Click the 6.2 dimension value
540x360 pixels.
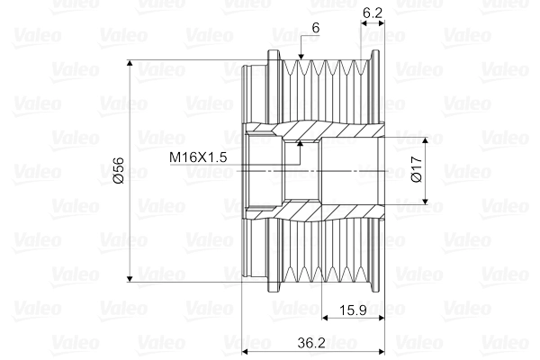[373, 13]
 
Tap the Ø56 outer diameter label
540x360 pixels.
[119, 170]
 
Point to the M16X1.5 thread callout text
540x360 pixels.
[198, 157]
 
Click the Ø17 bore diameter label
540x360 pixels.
[415, 170]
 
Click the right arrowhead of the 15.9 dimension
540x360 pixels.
[382, 317]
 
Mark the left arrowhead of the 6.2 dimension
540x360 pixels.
[363, 22]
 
